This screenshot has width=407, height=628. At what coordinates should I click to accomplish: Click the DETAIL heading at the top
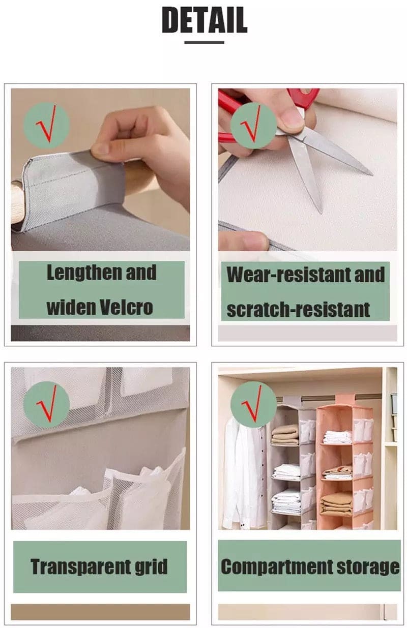coord(204,20)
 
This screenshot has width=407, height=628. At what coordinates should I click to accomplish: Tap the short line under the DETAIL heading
coord(204,43)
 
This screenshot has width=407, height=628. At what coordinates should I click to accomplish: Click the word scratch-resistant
coord(298,309)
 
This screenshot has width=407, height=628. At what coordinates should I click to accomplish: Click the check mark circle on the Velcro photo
coord(46,125)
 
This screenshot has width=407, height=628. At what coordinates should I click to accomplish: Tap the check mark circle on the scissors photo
coord(253,125)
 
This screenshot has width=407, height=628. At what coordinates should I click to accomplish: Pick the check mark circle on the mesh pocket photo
coord(46,404)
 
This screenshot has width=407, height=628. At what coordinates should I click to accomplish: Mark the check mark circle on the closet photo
coord(253,404)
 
